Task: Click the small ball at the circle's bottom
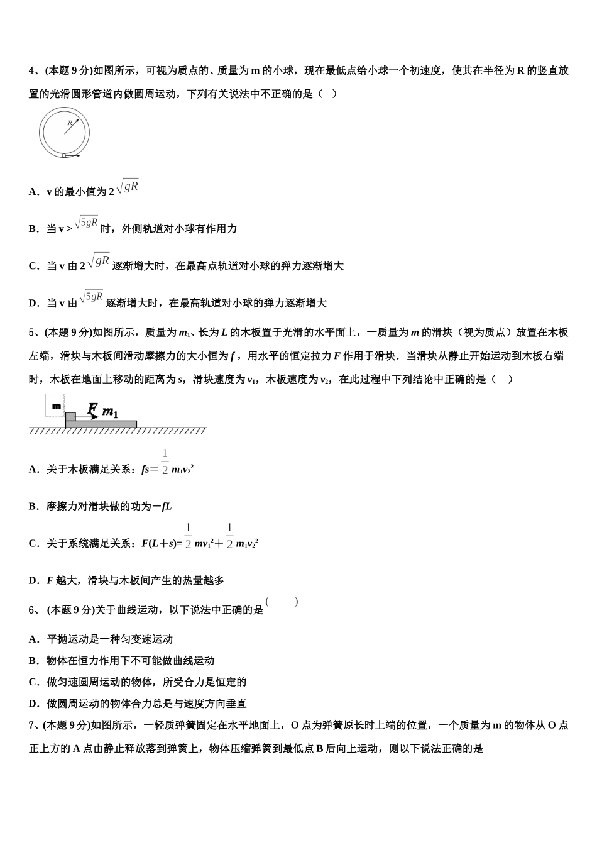[64, 155]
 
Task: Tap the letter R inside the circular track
[68, 123]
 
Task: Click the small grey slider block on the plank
[70, 416]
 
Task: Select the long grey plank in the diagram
[101, 424]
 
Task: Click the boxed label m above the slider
[56, 406]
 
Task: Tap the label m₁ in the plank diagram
[110, 412]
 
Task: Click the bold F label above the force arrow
[92, 409]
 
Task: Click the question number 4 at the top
[32, 70]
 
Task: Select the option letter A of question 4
[33, 192]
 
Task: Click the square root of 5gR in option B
[86, 223]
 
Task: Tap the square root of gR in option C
[99, 260]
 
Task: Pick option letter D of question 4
[33, 303]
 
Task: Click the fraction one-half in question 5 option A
[165, 461]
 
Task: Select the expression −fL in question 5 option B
[162, 506]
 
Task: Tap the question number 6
[32, 609]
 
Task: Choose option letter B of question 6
[33, 661]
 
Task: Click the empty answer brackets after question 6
[282, 602]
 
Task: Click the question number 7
[32, 725]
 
